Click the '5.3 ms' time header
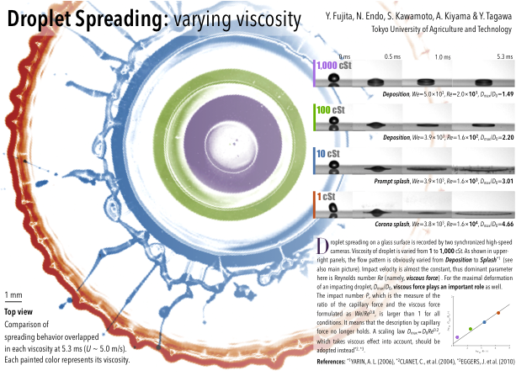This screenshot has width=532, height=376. point(504,56)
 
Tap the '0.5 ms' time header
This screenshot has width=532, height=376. point(392,56)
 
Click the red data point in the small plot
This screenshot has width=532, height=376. point(498,313)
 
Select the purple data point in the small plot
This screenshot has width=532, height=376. point(457,337)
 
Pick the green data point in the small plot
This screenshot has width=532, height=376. point(470,329)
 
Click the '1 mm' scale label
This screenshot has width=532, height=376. point(13,295)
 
